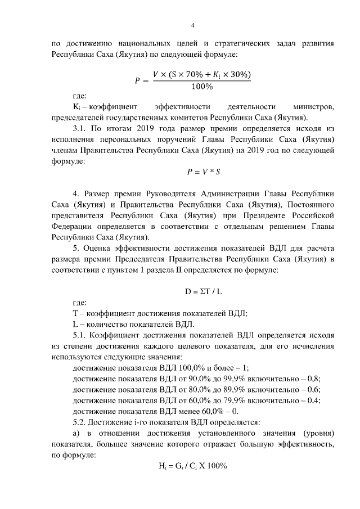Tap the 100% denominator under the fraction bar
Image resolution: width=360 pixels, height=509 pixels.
pos(201,87)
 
